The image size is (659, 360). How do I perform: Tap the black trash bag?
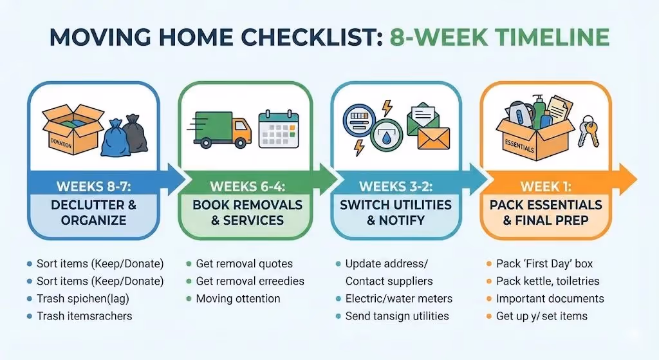[135, 135]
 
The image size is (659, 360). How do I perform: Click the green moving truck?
[220, 128]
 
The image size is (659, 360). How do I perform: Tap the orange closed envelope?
[433, 137]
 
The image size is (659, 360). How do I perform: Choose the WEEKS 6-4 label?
[248, 187]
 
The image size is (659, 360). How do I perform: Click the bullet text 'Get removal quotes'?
[244, 264]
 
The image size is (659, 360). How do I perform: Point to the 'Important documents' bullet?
[550, 299]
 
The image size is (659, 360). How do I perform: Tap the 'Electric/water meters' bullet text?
[398, 299]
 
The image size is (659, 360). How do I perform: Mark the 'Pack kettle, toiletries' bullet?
[547, 281]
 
